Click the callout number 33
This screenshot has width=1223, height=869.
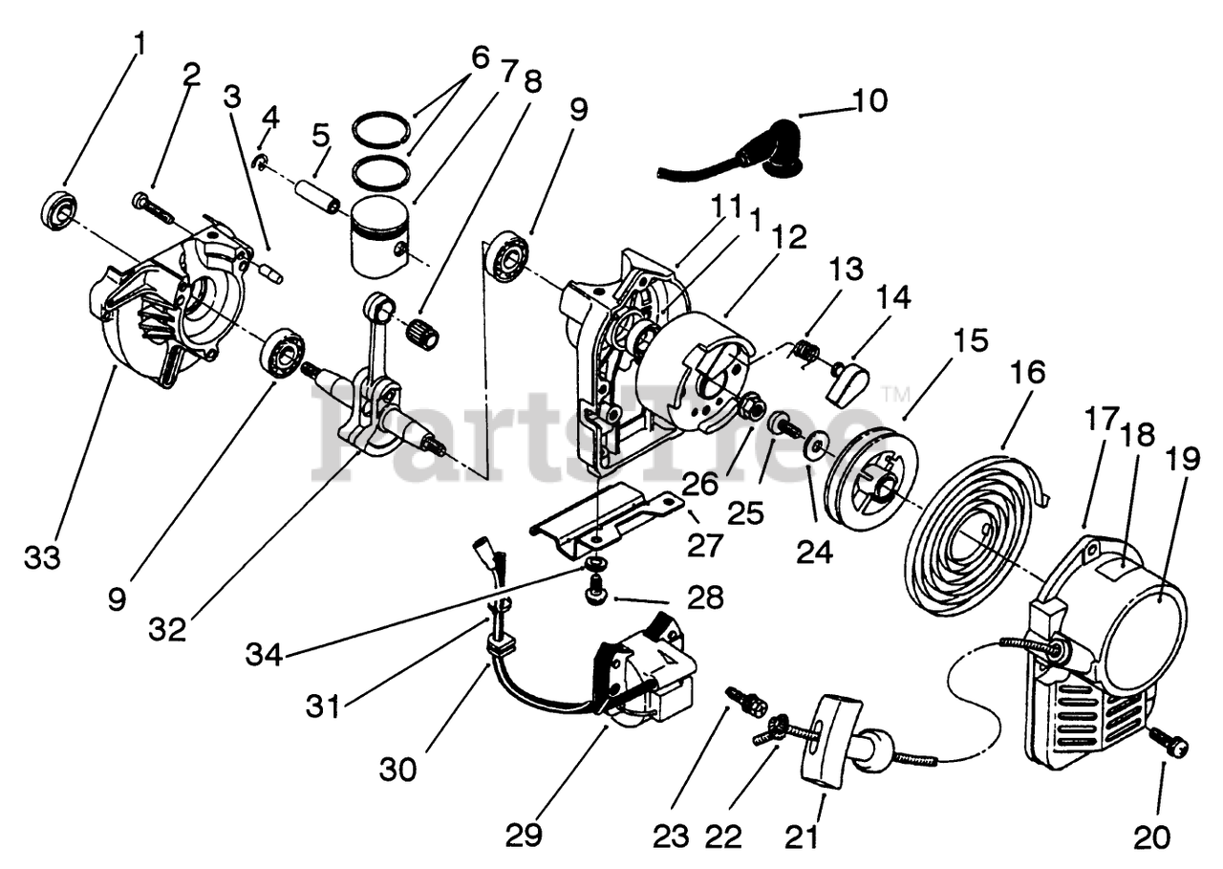(x=42, y=557)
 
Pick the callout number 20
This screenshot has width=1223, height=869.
(x=1151, y=836)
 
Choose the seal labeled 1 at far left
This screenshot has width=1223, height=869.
(x=57, y=209)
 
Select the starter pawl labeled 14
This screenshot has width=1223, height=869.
(x=848, y=382)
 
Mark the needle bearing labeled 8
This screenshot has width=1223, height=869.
(x=423, y=334)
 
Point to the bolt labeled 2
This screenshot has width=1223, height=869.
(x=152, y=206)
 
